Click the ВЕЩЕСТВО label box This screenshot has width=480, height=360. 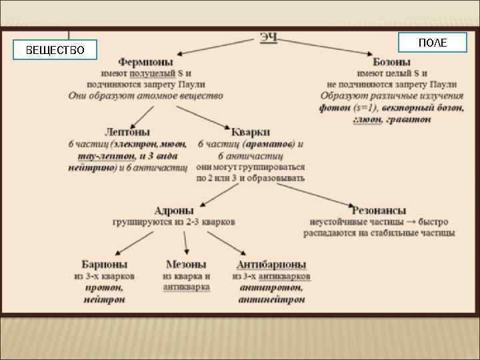pos(55,50)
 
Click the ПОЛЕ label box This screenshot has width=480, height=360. pos(433,42)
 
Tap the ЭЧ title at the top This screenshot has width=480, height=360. pos(269,38)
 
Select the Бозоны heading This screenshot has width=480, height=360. pos(392,61)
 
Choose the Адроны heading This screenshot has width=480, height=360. pos(174,210)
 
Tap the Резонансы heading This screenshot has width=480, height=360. pos(379,210)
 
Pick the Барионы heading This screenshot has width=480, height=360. pos(105,264)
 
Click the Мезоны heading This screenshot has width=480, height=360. pos(186,264)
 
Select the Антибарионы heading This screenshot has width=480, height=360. pos(271,264)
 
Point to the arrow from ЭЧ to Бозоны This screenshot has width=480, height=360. pos(327,48)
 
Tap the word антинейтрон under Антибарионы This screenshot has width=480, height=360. pos(271,300)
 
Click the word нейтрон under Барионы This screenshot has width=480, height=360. pos(105,300)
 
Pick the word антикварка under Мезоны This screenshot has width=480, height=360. pos(187,287)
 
